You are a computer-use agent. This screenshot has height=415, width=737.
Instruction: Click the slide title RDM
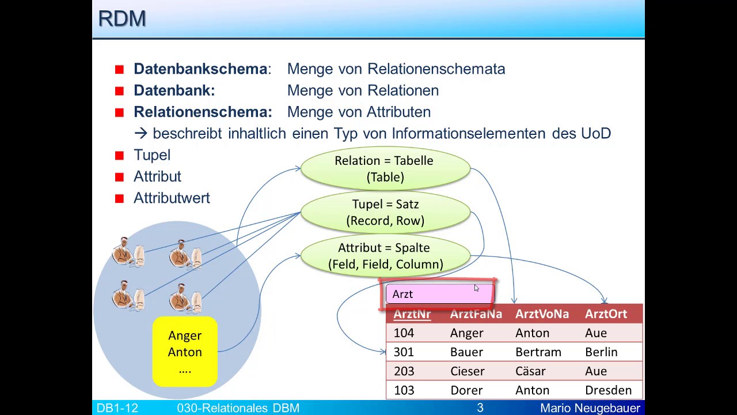pos(121,18)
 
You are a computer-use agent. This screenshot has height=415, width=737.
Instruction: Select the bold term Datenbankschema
pos(200,69)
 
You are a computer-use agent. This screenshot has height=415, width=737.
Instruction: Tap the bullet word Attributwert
pos(172,198)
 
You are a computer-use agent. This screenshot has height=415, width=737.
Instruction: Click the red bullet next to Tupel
pos(119,156)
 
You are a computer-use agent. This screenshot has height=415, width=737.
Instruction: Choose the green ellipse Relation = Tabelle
pos(385,169)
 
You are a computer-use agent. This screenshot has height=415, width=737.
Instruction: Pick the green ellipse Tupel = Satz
pos(385,212)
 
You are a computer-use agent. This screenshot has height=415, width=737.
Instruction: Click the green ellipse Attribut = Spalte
pos(385,256)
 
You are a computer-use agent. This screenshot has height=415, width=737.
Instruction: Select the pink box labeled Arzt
pos(439,295)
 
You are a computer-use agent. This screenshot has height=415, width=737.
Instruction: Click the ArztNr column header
pos(412,314)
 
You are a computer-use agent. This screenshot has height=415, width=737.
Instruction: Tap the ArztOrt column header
pos(606,314)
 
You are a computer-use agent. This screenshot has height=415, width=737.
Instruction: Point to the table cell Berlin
pos(601,352)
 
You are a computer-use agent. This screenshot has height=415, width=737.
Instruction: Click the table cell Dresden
pos(608,390)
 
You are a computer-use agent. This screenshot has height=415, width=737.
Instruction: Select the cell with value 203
pos(404,371)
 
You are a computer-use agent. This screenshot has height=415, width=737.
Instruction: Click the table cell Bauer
pos(466,352)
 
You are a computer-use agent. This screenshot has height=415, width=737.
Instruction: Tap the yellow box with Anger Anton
pos(185,352)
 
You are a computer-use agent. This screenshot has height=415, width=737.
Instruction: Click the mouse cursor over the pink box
pos(476,288)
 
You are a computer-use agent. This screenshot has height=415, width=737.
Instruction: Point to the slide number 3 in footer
pos(480,408)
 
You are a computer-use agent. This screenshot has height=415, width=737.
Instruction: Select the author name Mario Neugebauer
pos(590,408)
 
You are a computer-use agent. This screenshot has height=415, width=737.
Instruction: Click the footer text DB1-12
pos(117,408)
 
